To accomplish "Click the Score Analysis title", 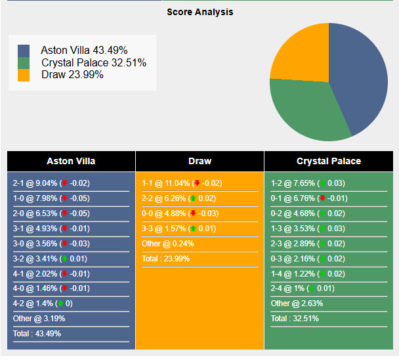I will coord(199,12).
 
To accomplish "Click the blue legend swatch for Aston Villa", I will coord(24,51).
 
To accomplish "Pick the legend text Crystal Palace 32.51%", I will coord(94,62).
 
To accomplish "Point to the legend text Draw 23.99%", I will coord(72,75).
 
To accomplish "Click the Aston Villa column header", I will coord(71,161).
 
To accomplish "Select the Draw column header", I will coord(199,161).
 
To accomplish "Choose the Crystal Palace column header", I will coord(328,161).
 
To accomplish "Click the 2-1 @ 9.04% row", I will coord(52,183).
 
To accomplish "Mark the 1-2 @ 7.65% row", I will coord(308,183).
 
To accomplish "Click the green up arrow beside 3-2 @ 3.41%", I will coord(64,259).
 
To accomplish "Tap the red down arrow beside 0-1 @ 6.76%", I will coord(322,198).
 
